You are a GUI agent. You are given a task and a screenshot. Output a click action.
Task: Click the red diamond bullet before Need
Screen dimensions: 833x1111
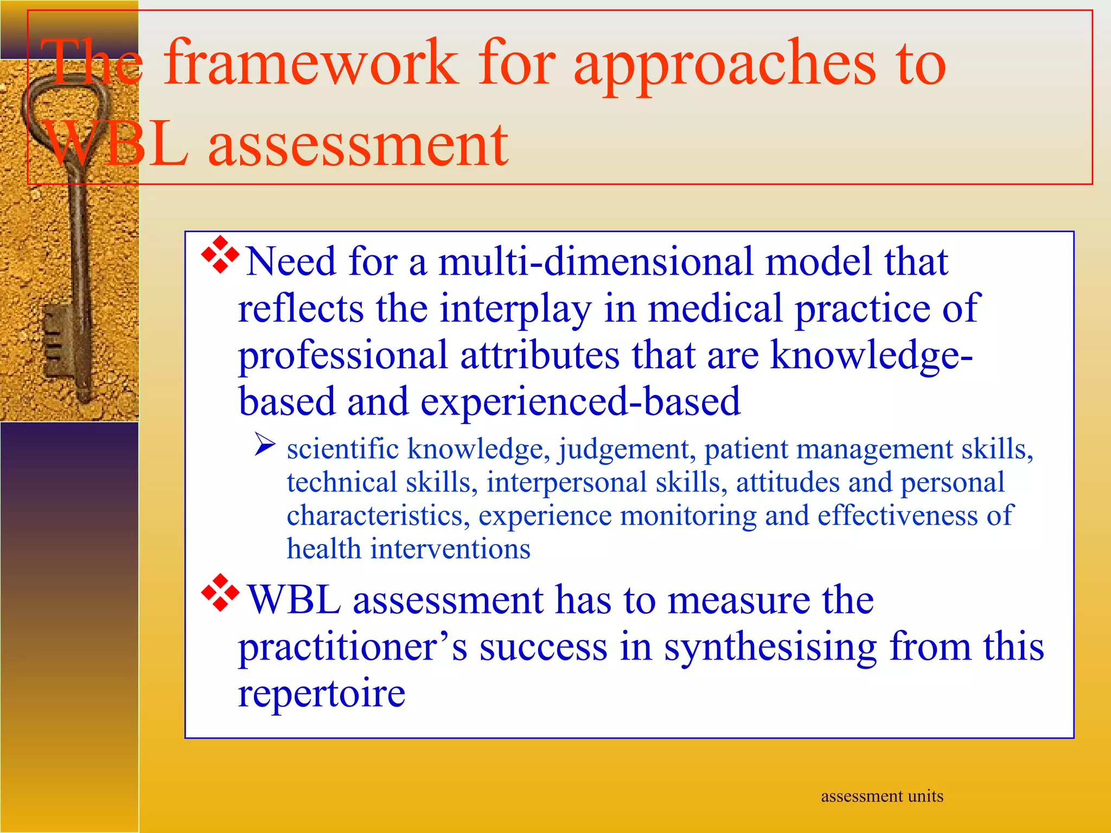[x=220, y=254]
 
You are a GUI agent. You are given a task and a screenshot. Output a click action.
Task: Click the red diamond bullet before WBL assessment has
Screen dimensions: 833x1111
[x=220, y=592]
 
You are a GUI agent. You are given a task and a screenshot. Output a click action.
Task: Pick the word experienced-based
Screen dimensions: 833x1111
[x=580, y=402]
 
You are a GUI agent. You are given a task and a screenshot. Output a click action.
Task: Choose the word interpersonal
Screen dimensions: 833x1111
[x=566, y=483]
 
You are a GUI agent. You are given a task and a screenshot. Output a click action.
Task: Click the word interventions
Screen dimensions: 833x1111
[x=450, y=549]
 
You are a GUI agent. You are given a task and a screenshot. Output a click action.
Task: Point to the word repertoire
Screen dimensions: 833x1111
[x=321, y=694]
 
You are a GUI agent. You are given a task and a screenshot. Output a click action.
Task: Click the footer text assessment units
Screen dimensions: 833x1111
[x=882, y=796]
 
